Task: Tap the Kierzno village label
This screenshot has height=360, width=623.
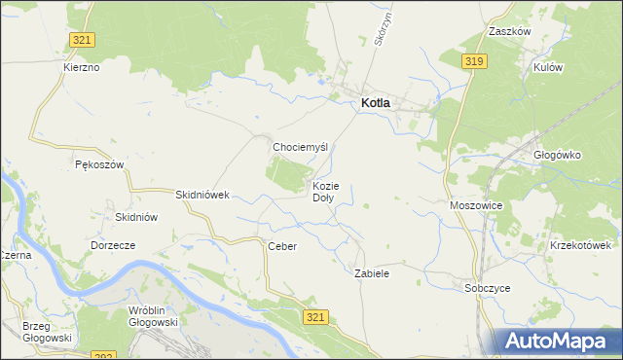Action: coord(81,68)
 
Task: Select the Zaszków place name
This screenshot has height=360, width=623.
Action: coord(509,31)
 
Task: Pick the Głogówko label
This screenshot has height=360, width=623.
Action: coord(557,154)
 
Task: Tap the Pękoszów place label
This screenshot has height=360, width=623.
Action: coord(99,165)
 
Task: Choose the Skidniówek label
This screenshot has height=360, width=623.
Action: coord(202,195)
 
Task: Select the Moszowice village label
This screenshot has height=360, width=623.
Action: coord(476,206)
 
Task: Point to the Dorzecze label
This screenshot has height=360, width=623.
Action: coord(112,245)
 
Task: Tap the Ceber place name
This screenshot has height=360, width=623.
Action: coord(281,246)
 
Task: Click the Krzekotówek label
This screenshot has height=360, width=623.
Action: coord(585,245)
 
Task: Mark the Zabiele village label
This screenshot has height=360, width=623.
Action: coord(372,274)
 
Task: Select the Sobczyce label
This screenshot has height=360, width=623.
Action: coord(488,288)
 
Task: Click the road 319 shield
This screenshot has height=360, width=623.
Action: coord(474,62)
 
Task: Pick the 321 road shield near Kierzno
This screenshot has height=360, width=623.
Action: coord(83,39)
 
